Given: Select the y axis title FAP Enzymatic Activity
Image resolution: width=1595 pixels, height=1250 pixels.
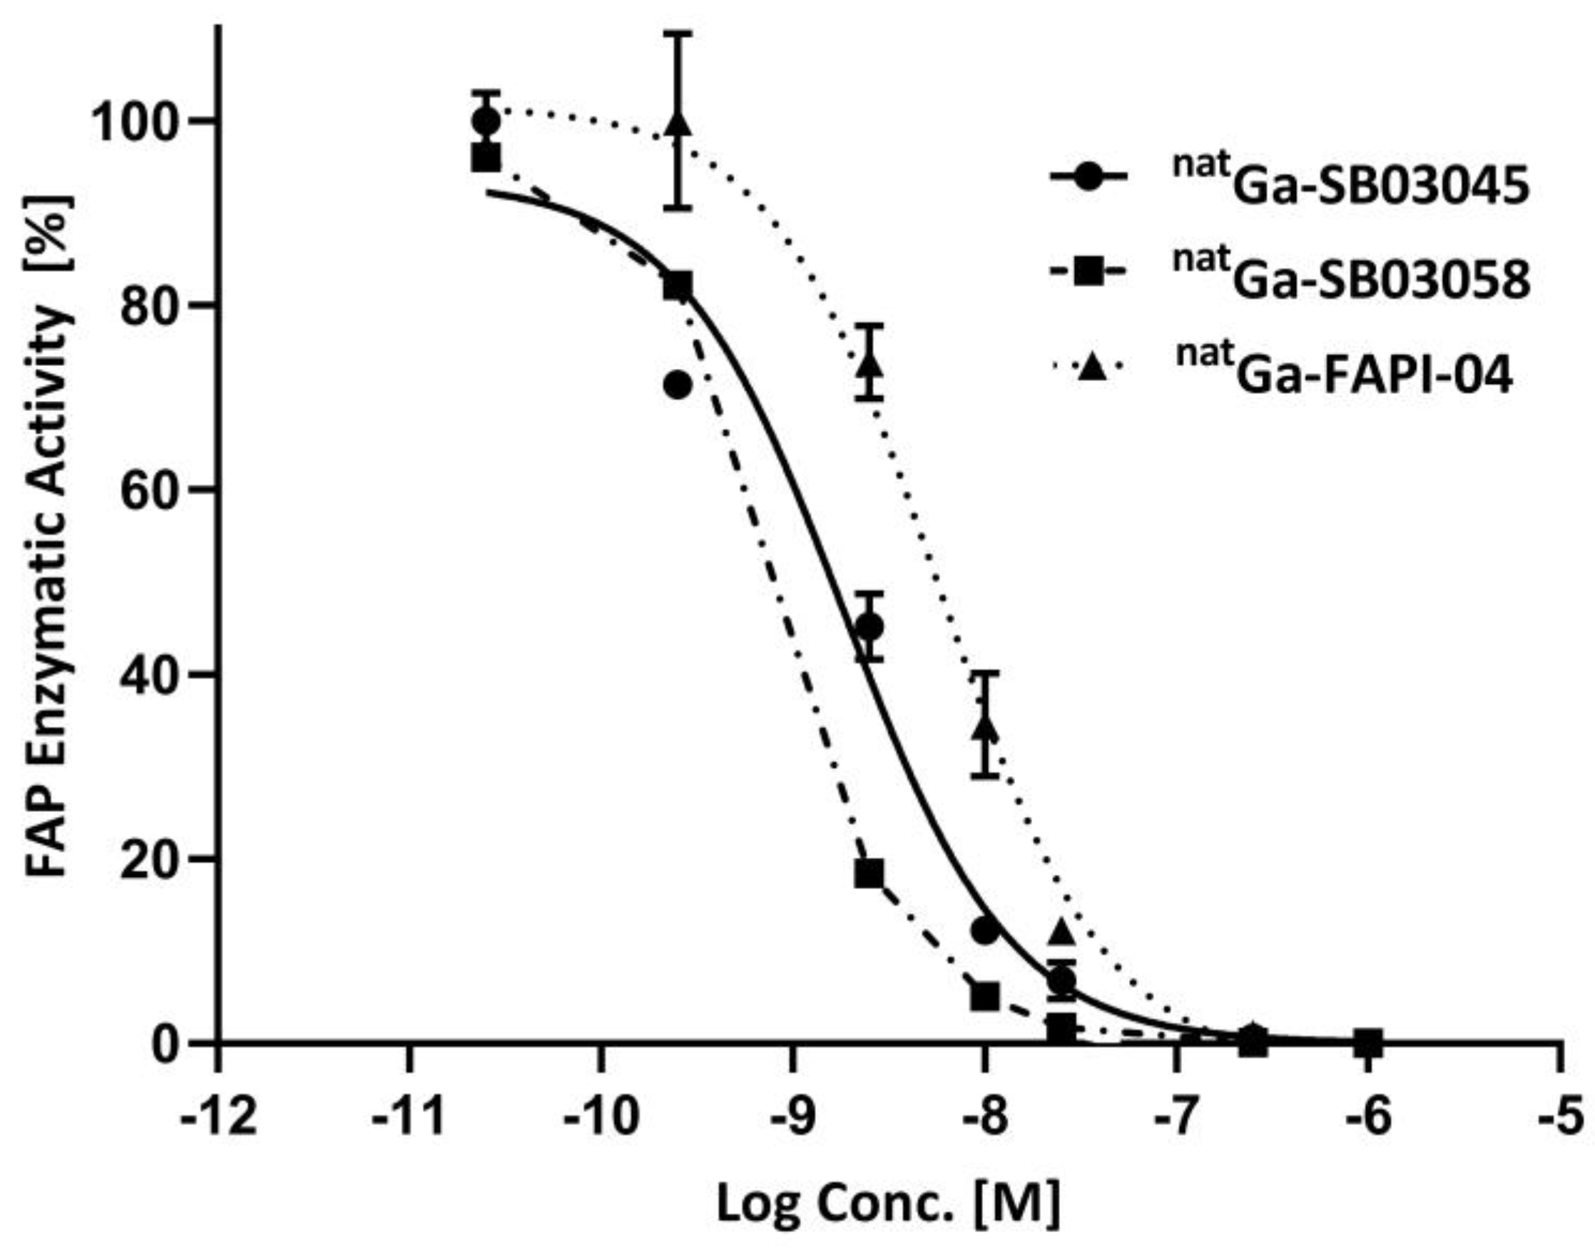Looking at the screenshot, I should click(x=50, y=538).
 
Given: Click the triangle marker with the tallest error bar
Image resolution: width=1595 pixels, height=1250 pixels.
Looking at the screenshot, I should click(x=679, y=123).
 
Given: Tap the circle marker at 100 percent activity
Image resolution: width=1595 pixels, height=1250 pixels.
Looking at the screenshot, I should click(x=486, y=121).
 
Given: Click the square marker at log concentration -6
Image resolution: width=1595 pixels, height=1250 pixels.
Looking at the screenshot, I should click(x=1368, y=1043).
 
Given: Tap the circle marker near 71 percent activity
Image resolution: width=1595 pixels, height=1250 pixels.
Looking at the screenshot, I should click(x=678, y=385).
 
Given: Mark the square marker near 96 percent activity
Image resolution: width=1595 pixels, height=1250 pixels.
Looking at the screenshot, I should click(x=486, y=158).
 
